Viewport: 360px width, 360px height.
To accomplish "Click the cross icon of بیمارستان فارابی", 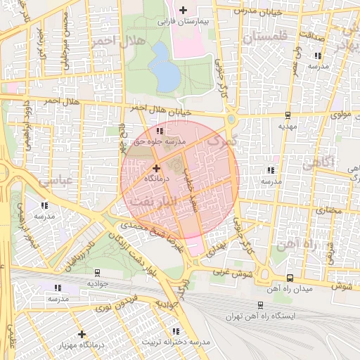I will (x=184, y=10).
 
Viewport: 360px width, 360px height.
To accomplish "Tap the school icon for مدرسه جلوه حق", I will (x=160, y=131).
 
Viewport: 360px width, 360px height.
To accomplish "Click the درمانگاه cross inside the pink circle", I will (x=156, y=168).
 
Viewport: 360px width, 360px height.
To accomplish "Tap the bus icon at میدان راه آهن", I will (x=290, y=278).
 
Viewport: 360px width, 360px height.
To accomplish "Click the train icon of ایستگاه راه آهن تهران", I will (x=261, y=305).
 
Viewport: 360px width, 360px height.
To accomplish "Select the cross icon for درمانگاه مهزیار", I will (x=82, y=334).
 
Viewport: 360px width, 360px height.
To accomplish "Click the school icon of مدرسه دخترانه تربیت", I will (x=176, y=331).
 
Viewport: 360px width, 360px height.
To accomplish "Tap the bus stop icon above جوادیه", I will (x=96, y=272).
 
